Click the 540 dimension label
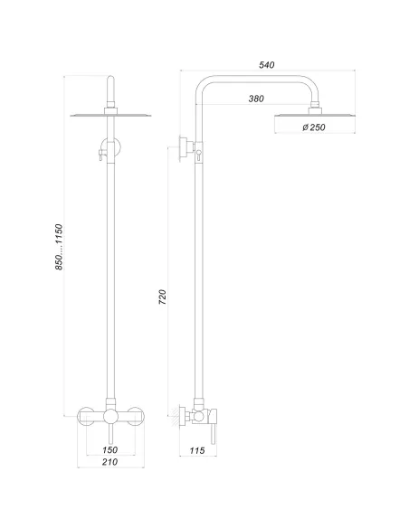tap(266, 64)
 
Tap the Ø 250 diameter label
tap(314, 127)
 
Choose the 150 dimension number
tap(109, 448)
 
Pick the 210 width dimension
tap(109, 463)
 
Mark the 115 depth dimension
tap(199, 449)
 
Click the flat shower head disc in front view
tap(109, 115)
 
